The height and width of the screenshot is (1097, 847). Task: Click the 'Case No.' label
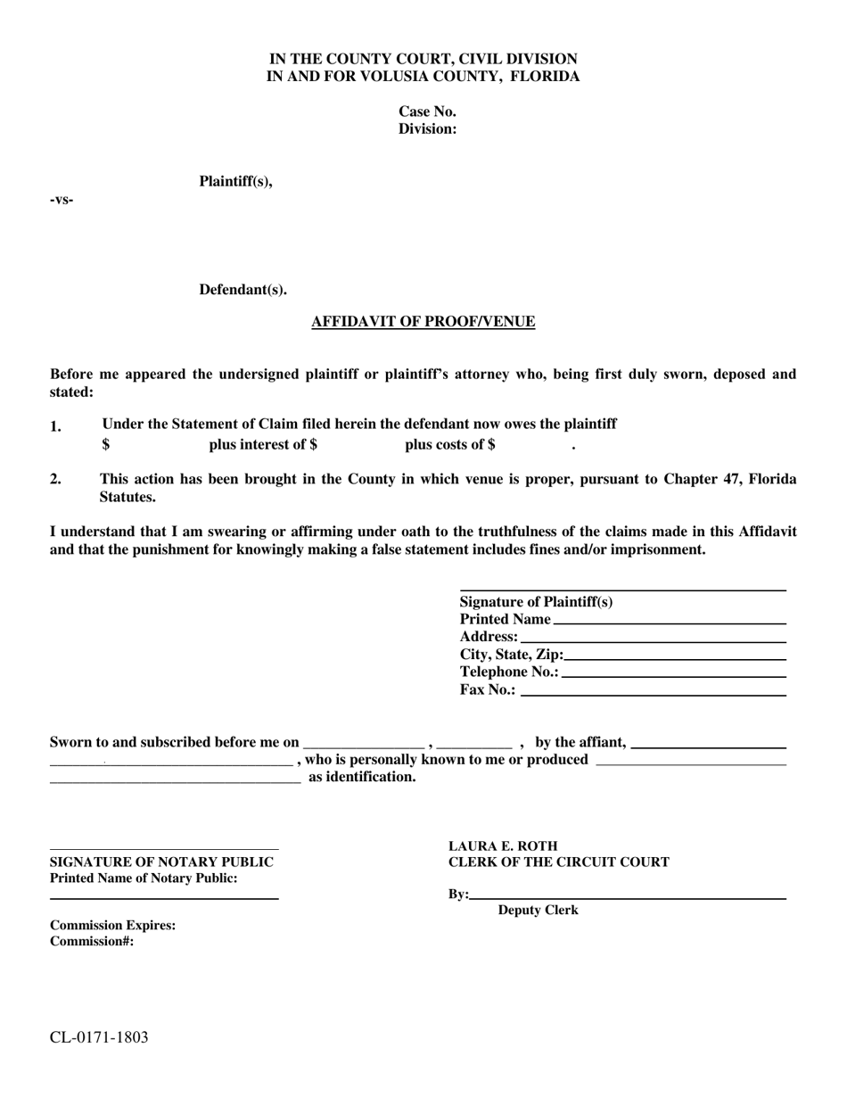[427, 111]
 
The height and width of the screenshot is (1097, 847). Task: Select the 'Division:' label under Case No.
[427, 129]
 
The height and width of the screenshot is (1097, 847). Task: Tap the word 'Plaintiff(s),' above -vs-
[235, 182]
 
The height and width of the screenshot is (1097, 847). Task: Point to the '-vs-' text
[62, 200]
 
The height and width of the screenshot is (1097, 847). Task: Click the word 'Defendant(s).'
[243, 290]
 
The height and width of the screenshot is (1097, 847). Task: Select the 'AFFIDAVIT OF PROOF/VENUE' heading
[423, 322]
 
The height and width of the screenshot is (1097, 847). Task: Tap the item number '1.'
[55, 426]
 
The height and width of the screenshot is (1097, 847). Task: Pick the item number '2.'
[55, 479]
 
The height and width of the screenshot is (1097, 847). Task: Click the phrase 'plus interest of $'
[263, 444]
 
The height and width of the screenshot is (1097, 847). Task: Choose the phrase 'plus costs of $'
[450, 444]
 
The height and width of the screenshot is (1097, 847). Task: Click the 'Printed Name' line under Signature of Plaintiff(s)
[669, 619]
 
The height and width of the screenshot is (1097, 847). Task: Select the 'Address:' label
[489, 637]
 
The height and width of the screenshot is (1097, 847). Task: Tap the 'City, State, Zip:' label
[511, 655]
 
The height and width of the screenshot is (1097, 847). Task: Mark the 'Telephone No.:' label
[509, 672]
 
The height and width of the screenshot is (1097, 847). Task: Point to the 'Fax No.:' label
[488, 689]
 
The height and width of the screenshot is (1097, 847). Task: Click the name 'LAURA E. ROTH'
[503, 845]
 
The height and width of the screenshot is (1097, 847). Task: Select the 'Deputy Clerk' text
[538, 911]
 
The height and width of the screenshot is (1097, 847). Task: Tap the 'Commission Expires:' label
[112, 925]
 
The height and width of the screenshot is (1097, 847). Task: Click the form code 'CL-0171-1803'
[99, 1037]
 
